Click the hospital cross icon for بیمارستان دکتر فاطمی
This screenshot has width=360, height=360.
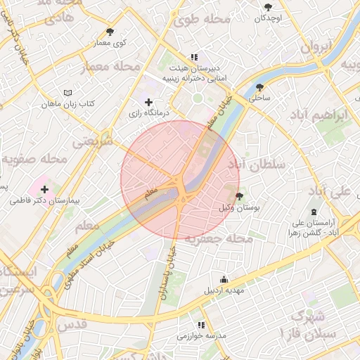click(45, 189)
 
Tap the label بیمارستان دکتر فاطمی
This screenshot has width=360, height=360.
click(46, 201)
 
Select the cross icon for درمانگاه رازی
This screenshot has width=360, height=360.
click(148, 103)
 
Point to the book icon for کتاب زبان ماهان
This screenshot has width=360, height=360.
click(67, 93)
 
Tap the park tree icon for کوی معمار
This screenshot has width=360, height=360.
click(110, 32)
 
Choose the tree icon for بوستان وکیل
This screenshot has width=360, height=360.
click(239, 196)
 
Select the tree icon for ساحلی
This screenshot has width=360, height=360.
click(259, 88)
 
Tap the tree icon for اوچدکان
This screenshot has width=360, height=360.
click(268, 7)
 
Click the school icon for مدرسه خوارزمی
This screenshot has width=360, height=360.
click(202, 325)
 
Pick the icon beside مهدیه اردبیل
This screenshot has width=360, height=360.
click(224, 279)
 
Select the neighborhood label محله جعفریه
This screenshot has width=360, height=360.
click(219, 239)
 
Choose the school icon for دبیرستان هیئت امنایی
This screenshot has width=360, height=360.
click(194, 57)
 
